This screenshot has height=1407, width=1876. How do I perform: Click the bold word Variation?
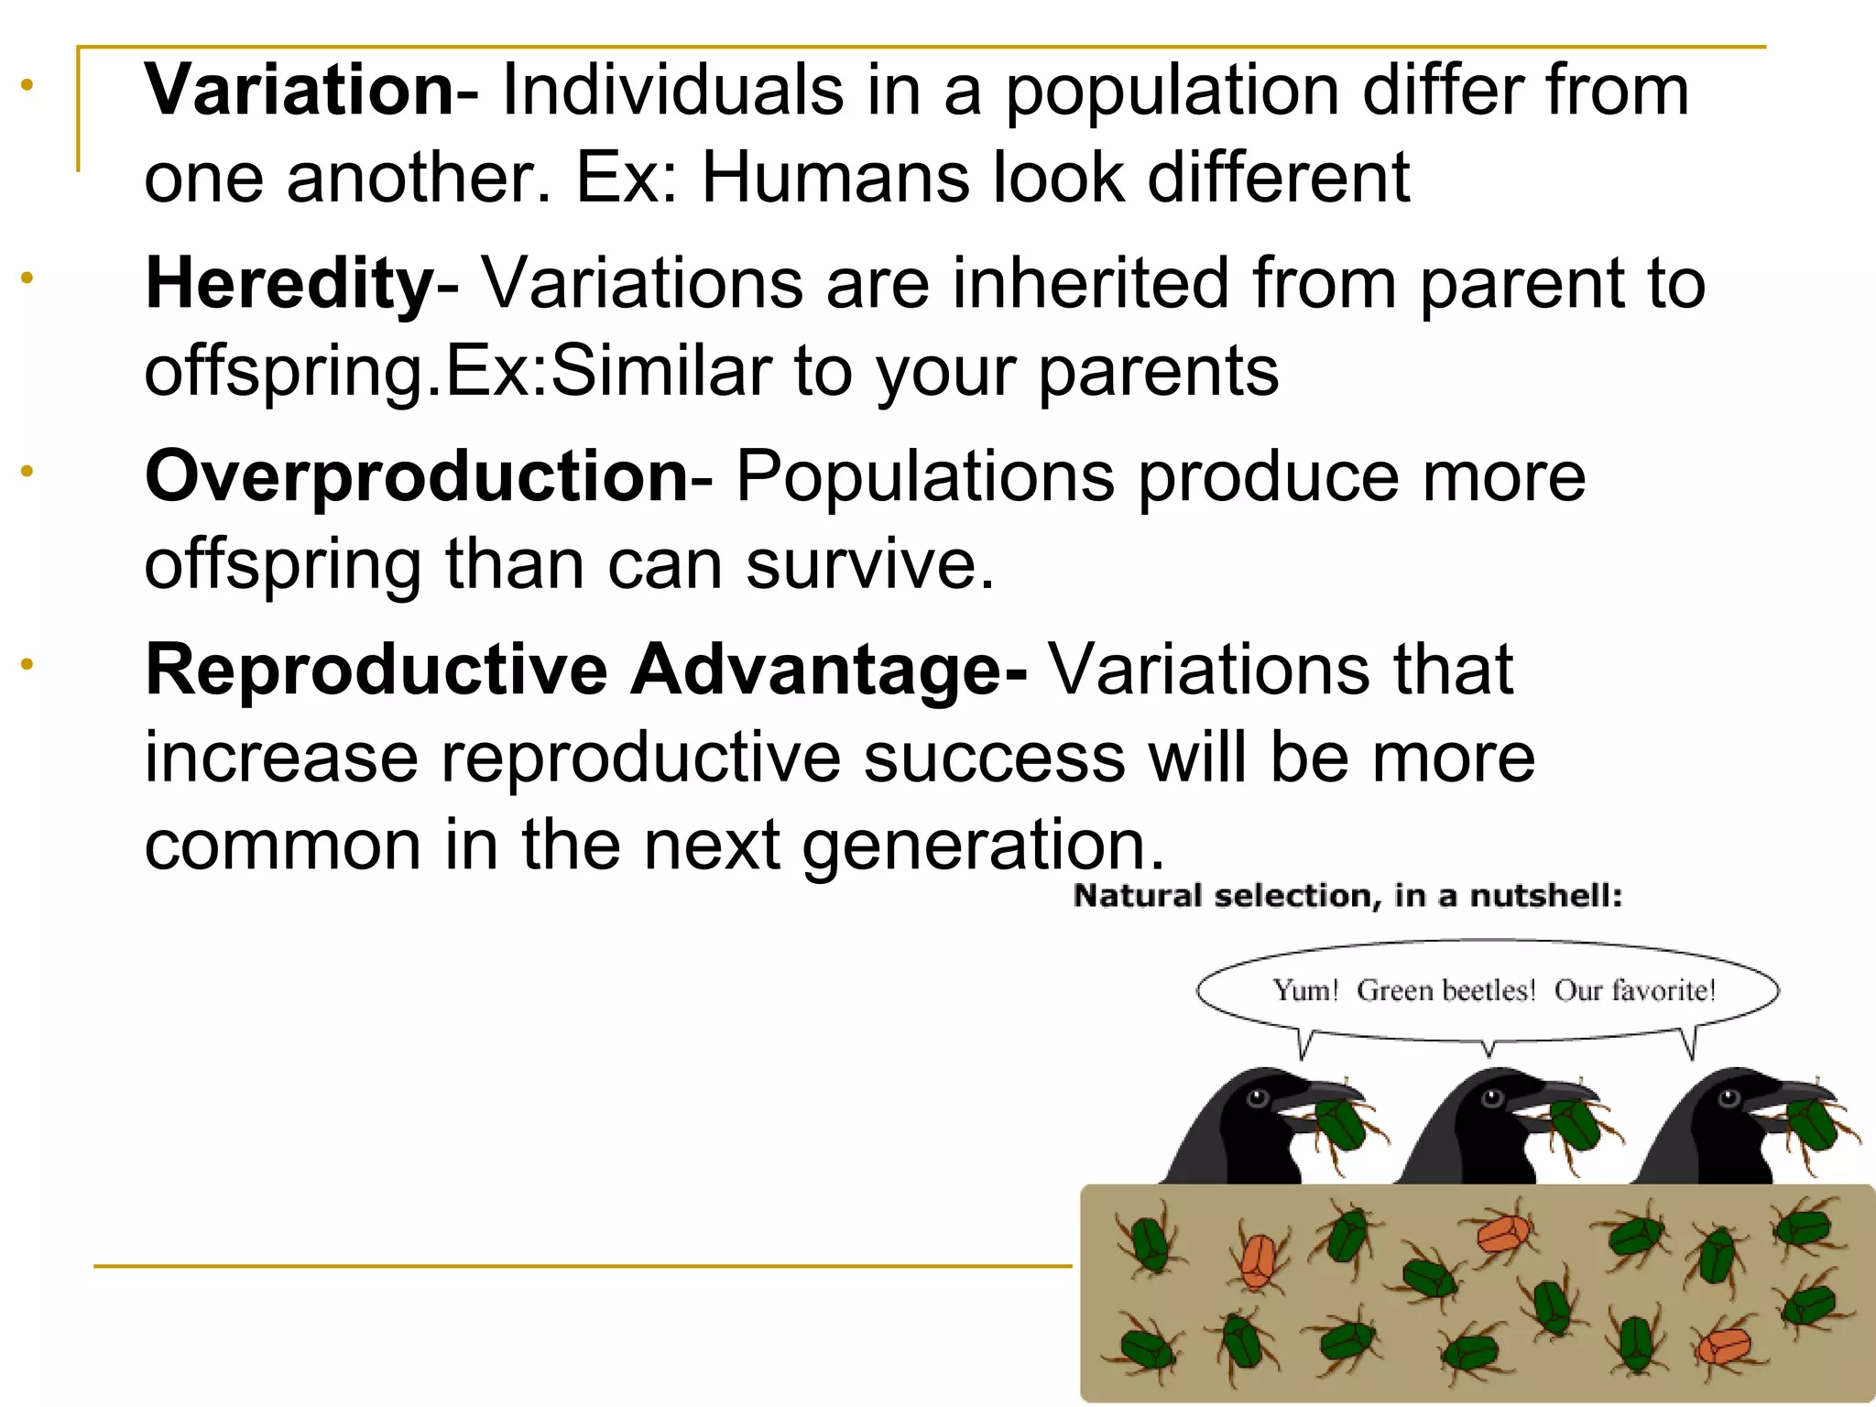click(299, 90)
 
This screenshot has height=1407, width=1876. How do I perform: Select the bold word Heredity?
click(289, 284)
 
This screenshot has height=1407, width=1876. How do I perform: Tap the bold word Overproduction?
click(417, 476)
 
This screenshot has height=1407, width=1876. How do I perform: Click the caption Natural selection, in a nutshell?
click(1347, 896)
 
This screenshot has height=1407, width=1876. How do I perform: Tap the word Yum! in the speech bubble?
click(1305, 990)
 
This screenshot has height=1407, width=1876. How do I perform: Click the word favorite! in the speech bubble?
click(1635, 990)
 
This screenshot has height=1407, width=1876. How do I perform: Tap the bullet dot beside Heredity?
click(27, 277)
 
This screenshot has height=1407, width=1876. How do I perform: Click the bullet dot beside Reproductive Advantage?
click(27, 663)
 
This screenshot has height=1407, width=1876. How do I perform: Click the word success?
click(994, 758)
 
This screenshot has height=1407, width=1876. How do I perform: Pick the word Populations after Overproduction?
click(925, 476)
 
